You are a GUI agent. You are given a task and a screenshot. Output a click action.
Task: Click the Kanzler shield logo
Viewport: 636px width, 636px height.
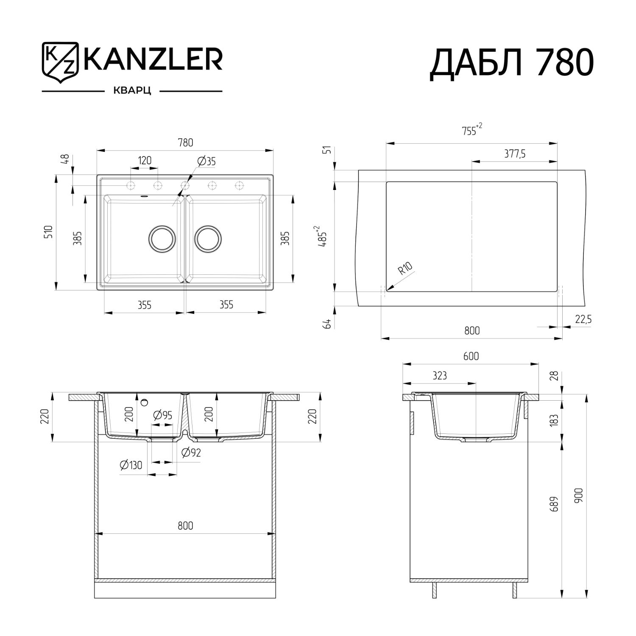pos(60,61)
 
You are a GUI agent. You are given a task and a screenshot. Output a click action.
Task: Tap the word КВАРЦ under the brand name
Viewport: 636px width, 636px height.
pos(132,91)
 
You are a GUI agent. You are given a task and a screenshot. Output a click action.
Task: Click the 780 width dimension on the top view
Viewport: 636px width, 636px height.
pos(185,142)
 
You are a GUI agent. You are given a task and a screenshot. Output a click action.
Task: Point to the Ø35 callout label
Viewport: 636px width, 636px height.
pos(207,161)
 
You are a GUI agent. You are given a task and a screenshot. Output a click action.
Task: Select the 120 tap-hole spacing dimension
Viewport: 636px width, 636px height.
pos(145,160)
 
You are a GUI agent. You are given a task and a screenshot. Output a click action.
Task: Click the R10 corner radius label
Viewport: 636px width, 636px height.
pos(405,268)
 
